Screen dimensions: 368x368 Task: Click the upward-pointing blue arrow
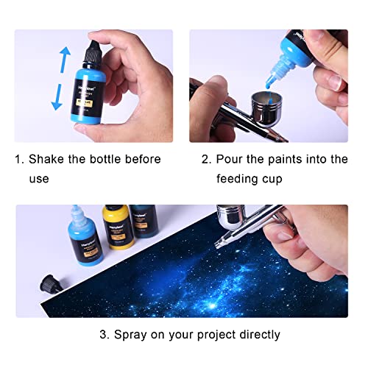[64, 60]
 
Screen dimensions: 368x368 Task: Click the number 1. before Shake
[21, 159]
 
